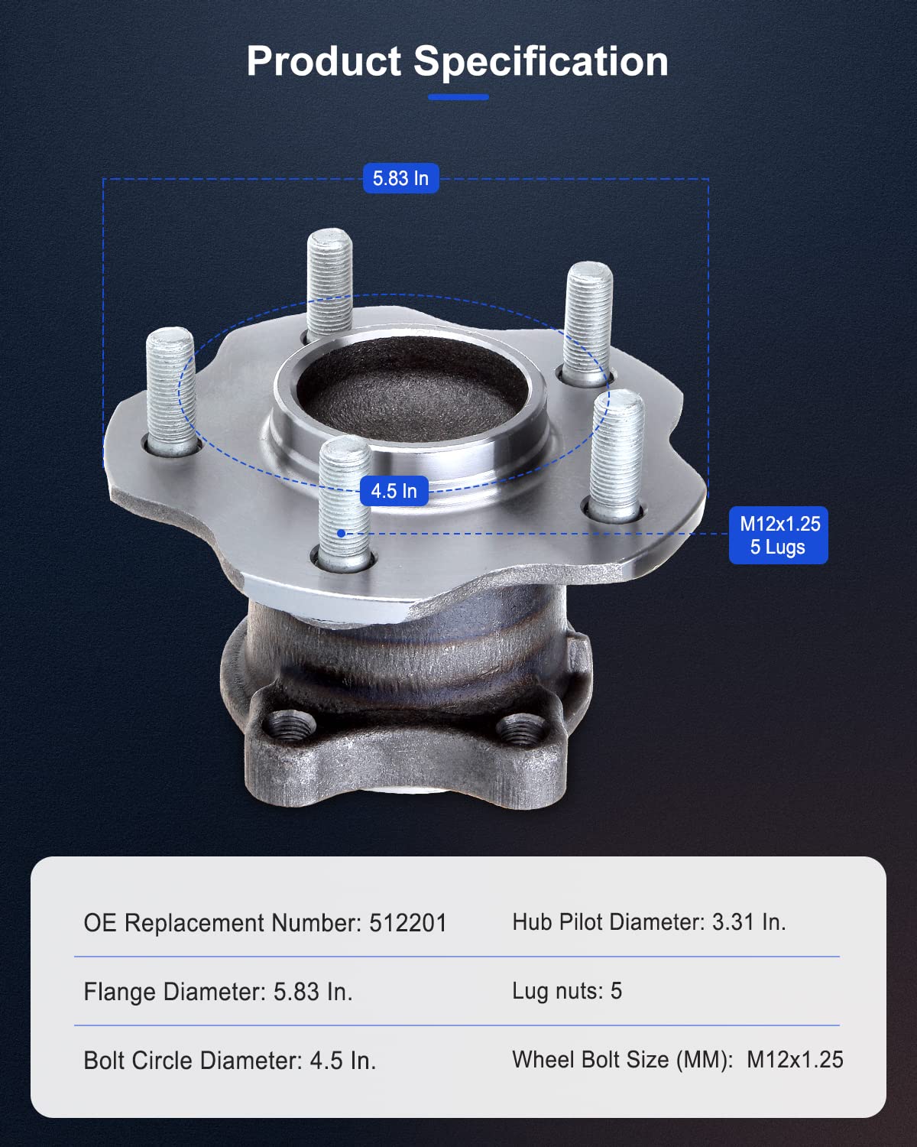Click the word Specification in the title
coord(541,63)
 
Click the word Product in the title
coord(323,60)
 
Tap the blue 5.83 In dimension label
coord(400,178)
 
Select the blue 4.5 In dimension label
coord(394,491)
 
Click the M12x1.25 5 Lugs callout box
coord(779,535)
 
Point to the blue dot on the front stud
coord(342,533)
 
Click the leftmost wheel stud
coord(172,392)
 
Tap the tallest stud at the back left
coord(330,284)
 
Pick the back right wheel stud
coord(588,323)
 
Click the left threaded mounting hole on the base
coord(290,724)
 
